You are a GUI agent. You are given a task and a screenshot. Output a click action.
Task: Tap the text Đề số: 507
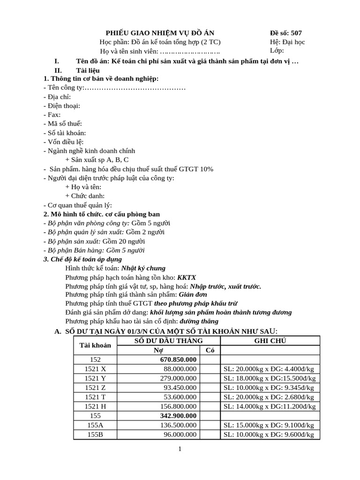pyautogui.click(x=286, y=33)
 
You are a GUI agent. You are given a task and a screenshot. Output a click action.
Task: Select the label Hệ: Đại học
pyautogui.click(x=287, y=42)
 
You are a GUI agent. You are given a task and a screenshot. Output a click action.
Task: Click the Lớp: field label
pyautogui.click(x=277, y=51)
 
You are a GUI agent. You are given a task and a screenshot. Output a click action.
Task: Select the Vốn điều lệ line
pyautogui.click(x=63, y=142)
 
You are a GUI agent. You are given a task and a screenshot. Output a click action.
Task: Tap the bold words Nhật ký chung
pyautogui.click(x=143, y=268)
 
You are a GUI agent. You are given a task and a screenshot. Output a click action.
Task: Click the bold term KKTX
pyautogui.click(x=187, y=277)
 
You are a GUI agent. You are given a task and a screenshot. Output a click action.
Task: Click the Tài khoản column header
pyautogui.click(x=95, y=345)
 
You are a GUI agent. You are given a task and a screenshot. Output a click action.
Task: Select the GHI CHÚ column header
pyautogui.click(x=270, y=341)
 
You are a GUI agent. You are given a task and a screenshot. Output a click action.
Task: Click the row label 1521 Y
pyautogui.click(x=95, y=378)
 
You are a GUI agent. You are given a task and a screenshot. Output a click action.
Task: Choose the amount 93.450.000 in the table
pyautogui.click(x=180, y=388)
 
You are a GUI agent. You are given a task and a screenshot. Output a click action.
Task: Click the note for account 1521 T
pyautogui.click(x=269, y=397)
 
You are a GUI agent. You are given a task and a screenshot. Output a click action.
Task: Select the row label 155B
pyautogui.click(x=95, y=435)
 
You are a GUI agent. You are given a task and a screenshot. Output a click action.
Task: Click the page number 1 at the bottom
pyautogui.click(x=180, y=449)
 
